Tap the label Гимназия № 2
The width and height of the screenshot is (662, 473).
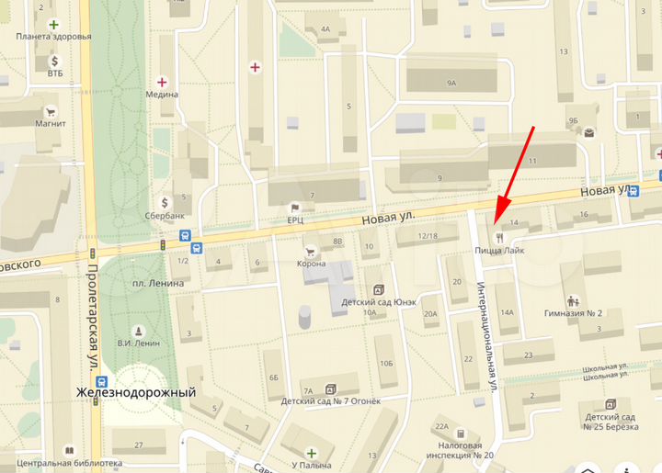574,313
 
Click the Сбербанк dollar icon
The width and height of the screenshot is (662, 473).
165,202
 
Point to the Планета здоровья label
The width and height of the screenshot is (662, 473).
53,37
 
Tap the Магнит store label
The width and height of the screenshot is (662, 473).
51,123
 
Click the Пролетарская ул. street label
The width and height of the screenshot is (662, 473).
93,318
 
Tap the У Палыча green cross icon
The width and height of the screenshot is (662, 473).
311,453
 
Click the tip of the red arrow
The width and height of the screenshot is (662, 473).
496,223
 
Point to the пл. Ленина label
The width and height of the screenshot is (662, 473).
158,283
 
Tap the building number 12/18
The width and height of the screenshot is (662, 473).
427,236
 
